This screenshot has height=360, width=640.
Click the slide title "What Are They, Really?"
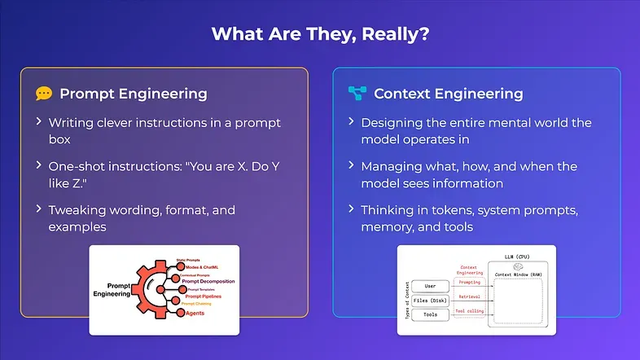(x=319, y=34)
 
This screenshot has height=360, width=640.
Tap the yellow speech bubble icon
(x=44, y=94)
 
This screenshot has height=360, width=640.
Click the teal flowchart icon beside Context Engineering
(x=356, y=93)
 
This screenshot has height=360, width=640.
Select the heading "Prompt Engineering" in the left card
(x=134, y=94)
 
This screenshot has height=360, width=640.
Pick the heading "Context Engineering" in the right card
(x=448, y=94)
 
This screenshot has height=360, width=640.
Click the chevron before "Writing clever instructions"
(x=38, y=123)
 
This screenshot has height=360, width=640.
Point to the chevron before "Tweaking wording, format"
(x=38, y=210)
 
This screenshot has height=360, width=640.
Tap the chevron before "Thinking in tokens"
(x=351, y=210)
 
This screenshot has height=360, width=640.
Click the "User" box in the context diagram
(x=430, y=287)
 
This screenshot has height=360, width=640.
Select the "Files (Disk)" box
(x=430, y=301)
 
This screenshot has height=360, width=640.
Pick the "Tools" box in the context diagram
(x=430, y=314)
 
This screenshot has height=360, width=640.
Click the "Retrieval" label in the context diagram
(x=469, y=297)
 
